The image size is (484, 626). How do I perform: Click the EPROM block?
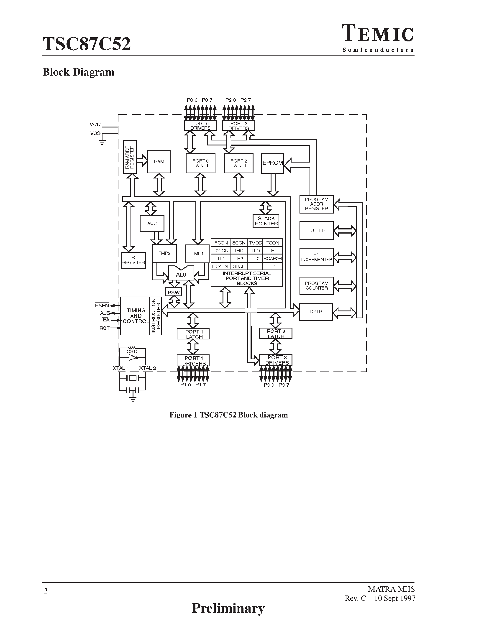click(272, 163)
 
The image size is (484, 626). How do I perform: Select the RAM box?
click(159, 162)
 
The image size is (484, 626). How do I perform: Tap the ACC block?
click(152, 224)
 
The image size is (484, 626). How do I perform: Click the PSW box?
click(174, 292)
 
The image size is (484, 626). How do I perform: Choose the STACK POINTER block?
click(266, 221)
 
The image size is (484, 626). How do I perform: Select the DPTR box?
click(316, 312)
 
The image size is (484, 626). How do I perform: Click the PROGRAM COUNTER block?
click(316, 286)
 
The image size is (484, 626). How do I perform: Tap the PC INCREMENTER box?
click(316, 257)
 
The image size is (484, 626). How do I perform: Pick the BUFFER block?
click(316, 230)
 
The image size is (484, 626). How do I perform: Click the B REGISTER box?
click(133, 260)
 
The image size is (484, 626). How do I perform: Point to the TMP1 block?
click(197, 253)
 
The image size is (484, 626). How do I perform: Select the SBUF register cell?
click(238, 266)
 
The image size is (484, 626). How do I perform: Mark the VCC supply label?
click(95, 124)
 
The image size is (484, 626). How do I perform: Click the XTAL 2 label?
click(147, 368)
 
